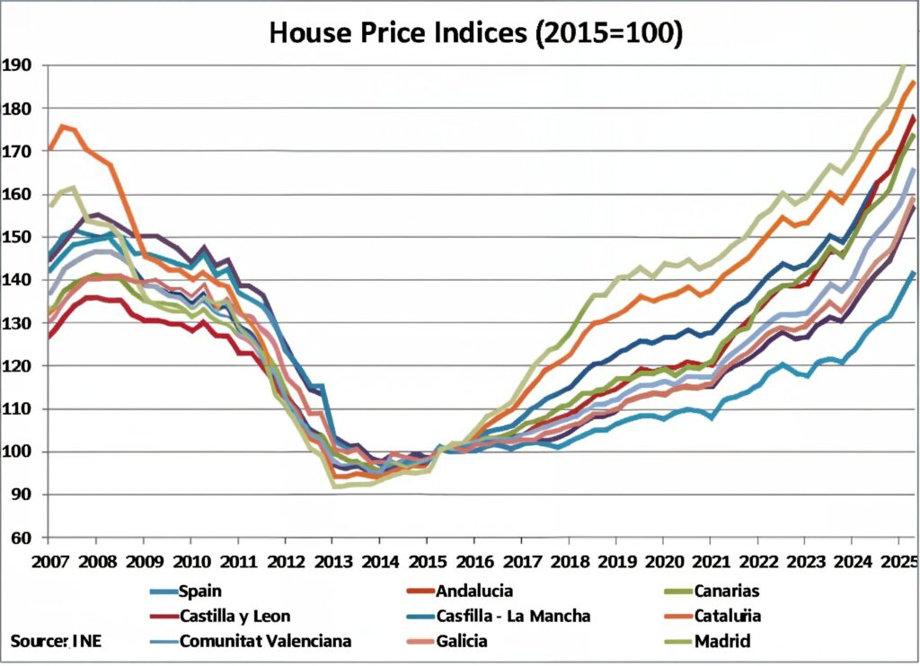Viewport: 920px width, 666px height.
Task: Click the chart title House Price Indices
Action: tap(476, 32)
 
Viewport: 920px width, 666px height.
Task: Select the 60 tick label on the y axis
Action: tap(21, 538)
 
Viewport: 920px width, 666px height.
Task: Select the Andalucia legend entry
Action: tap(476, 591)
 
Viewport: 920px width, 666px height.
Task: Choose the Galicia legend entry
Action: tap(464, 641)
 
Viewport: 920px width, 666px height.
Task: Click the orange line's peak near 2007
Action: tap(62, 126)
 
